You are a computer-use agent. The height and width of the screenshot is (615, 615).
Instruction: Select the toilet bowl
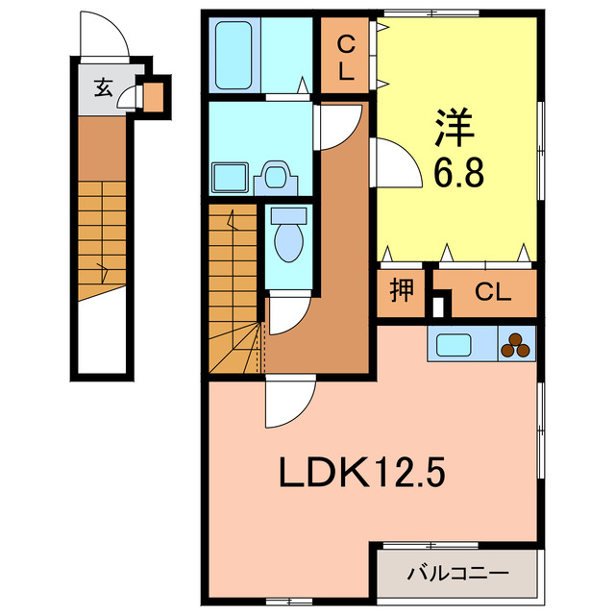click(x=287, y=239)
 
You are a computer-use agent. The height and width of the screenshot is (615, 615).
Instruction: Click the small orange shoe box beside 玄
click(x=151, y=95)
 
